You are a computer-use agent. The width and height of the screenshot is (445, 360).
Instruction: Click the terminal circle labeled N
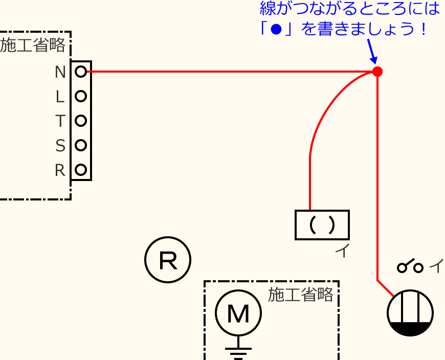pos(80,72)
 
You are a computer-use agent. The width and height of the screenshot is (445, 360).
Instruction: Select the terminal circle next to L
pos(80,96)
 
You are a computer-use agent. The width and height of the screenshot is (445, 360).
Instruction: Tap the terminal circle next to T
pos(80,121)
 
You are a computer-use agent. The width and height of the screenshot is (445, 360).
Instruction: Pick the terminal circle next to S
pos(80,145)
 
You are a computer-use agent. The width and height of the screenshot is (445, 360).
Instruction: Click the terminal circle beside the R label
pos(80,169)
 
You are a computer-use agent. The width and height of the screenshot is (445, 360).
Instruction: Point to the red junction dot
pos(377,72)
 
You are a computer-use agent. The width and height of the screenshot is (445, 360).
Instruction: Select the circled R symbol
pos(168,260)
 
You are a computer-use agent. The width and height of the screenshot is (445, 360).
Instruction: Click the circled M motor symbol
pos(238,313)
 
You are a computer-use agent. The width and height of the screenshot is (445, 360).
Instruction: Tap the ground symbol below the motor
pos(238,352)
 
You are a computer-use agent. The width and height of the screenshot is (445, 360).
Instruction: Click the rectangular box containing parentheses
pos(322,225)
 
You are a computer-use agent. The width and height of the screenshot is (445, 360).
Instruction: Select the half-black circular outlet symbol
pos(410,313)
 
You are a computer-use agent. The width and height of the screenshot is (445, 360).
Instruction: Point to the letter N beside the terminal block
pos(60,72)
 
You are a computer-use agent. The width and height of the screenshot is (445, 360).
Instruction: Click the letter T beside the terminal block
pos(60,121)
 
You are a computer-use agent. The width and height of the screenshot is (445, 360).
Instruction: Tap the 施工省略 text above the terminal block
pos(33,46)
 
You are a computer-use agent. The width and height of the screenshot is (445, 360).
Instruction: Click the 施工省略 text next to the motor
pos(301,295)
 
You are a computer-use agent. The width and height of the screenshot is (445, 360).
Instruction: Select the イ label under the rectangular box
pos(341,251)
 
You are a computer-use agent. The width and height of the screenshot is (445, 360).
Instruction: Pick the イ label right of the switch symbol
pos(436,266)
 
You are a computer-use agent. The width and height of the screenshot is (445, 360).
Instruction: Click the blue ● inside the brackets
pos(277,29)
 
